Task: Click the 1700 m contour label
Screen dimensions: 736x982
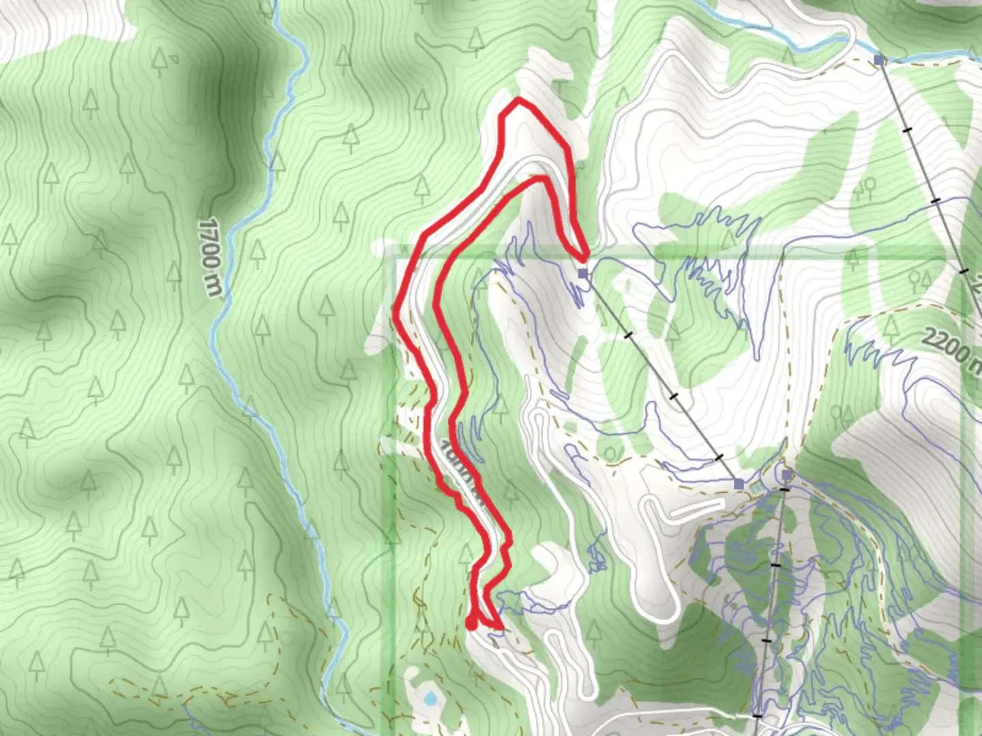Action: click(x=211, y=258)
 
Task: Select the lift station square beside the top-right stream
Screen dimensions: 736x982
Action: click(x=880, y=61)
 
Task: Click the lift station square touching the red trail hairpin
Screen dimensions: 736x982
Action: click(x=582, y=273)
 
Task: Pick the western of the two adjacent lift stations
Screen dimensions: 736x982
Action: click(x=739, y=483)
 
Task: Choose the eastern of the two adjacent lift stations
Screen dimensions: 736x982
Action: click(x=787, y=474)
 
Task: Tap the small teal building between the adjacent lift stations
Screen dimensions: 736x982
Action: click(x=757, y=488)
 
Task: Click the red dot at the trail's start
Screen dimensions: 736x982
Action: click(x=471, y=623)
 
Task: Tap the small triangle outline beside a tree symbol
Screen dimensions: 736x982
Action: click(x=175, y=59)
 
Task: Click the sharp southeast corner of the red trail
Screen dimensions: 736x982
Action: click(x=501, y=626)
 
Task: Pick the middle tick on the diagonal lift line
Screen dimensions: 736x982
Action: click(x=674, y=395)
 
